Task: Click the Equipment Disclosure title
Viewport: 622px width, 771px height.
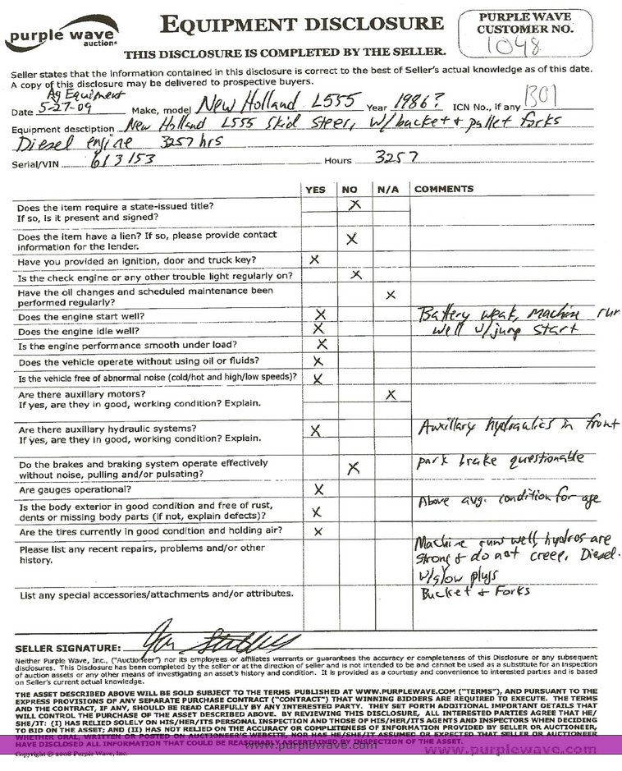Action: [x=301, y=25]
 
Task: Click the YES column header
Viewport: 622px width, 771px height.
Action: [x=315, y=189]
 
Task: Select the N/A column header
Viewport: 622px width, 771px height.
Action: [x=388, y=189]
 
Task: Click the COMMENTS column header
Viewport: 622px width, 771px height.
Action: [x=444, y=189]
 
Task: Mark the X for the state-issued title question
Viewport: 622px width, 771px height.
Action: [x=354, y=205]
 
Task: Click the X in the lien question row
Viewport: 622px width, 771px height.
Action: [x=352, y=239]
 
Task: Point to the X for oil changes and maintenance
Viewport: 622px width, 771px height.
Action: [x=391, y=294]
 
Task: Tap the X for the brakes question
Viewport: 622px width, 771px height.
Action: [x=354, y=468]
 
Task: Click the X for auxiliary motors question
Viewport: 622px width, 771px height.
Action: [x=391, y=395]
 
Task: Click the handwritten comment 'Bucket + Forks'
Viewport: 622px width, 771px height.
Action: [x=475, y=591]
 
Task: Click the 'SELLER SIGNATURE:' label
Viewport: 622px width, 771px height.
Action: [x=68, y=649]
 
